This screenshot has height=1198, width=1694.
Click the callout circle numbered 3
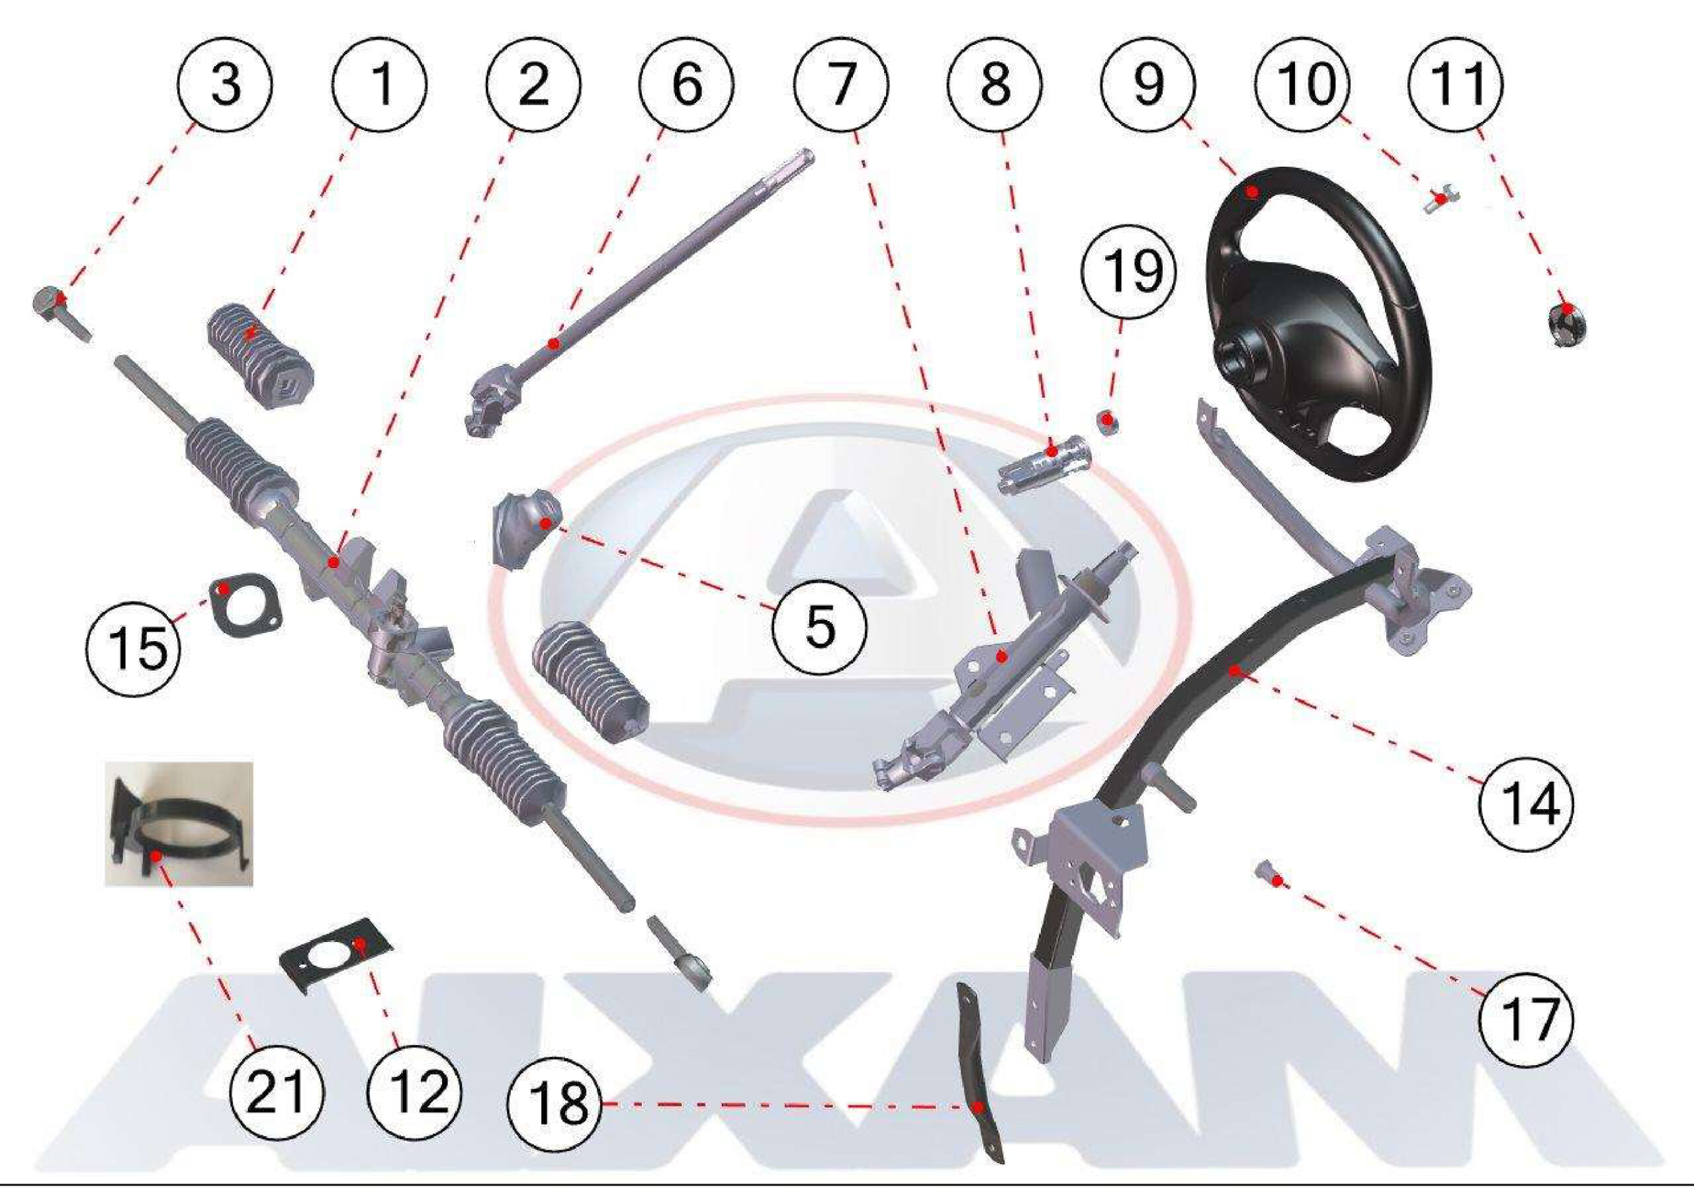click(x=226, y=83)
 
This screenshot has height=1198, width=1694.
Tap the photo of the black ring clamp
click(x=179, y=824)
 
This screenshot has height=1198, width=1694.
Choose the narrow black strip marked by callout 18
click(x=980, y=1081)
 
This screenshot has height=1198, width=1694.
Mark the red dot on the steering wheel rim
click(x=1251, y=192)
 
